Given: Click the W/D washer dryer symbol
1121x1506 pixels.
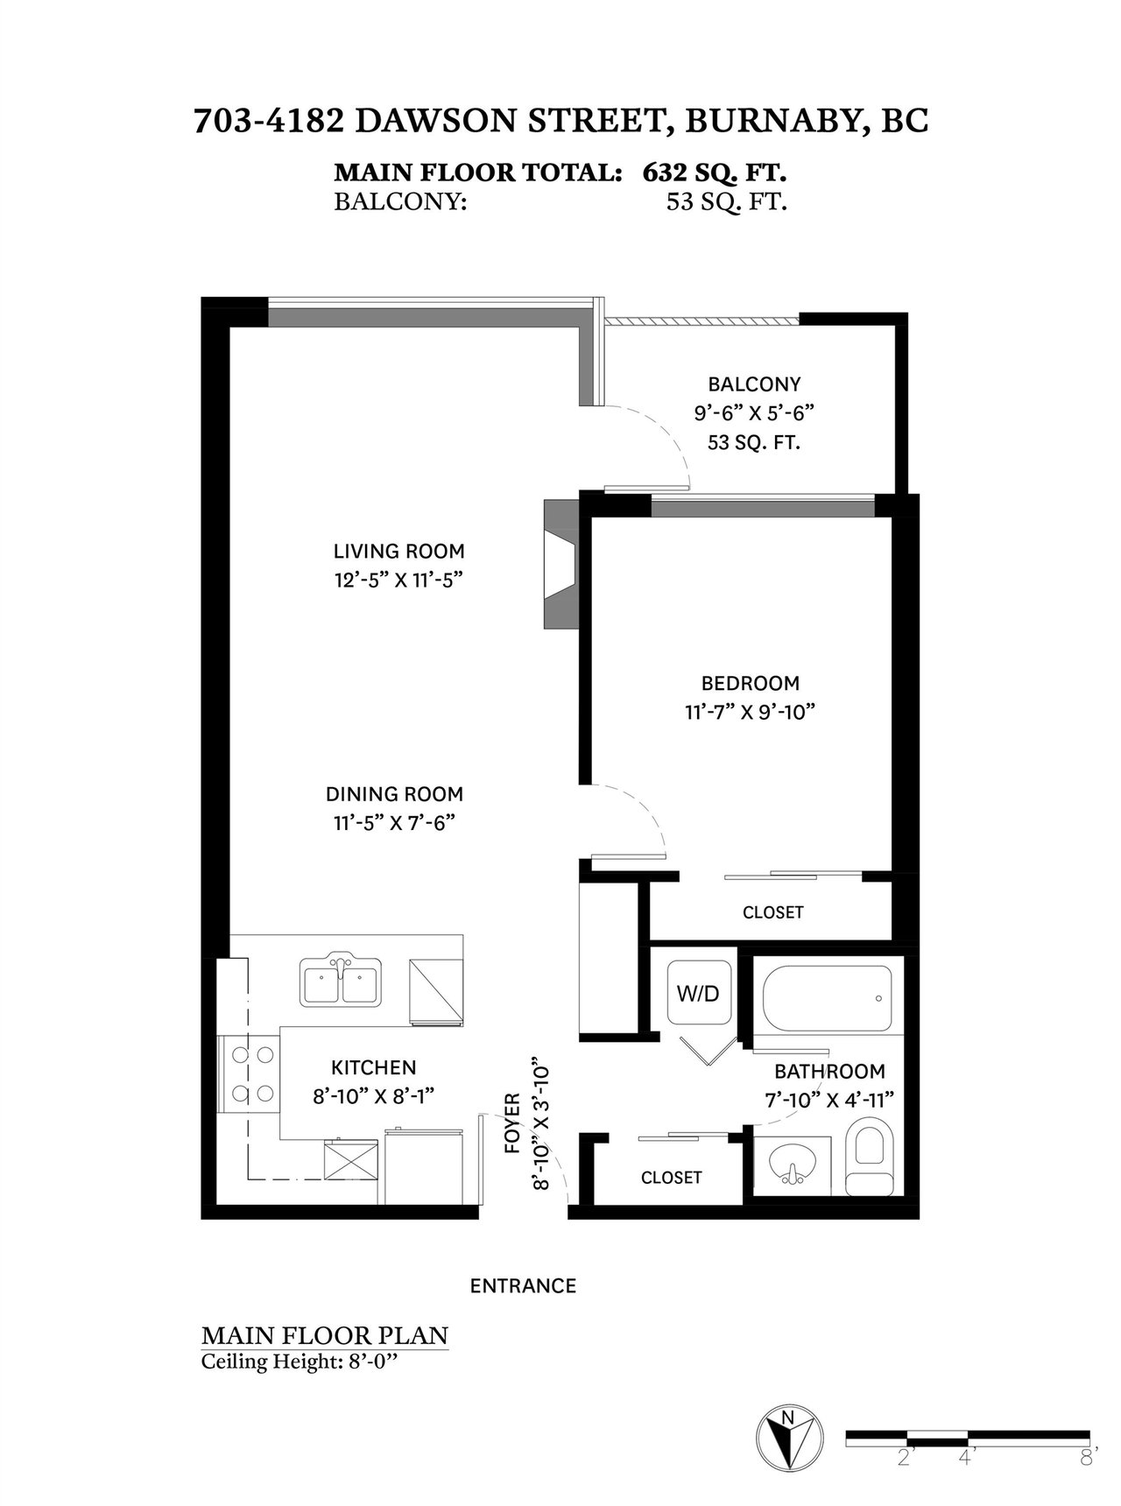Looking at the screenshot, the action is click(698, 994).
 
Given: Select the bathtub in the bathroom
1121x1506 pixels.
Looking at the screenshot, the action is click(828, 998).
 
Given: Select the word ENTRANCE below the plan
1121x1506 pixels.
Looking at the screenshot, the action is click(523, 1285).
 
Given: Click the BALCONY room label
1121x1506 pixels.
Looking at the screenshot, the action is click(754, 384).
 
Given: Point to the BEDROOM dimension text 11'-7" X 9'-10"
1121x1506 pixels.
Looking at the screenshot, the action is click(751, 712).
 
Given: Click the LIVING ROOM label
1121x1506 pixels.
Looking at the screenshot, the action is click(398, 551).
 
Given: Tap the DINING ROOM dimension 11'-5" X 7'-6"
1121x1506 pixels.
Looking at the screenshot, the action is click(394, 823).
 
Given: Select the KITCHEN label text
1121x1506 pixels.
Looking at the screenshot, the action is click(373, 1067).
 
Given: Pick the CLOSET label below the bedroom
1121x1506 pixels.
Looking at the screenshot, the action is click(772, 912).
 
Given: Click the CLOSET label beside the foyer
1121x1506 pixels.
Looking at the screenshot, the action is click(671, 1178).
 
